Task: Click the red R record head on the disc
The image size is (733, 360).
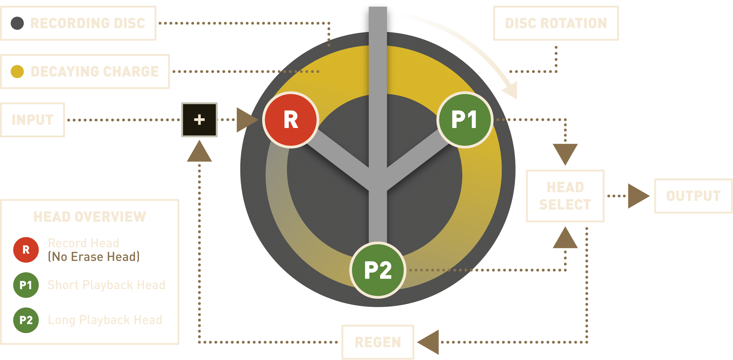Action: pyautogui.click(x=291, y=120)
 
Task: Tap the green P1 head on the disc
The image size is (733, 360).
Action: pyautogui.click(x=465, y=120)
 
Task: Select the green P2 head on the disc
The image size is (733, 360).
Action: pyautogui.click(x=378, y=270)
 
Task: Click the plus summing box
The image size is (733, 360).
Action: pyautogui.click(x=199, y=120)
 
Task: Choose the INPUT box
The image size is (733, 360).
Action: pyautogui.click(x=33, y=120)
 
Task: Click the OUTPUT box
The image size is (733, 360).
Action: pyautogui.click(x=693, y=196)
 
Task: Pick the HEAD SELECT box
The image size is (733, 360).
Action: pyautogui.click(x=565, y=196)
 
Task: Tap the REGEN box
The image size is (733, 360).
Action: pyautogui.click(x=378, y=342)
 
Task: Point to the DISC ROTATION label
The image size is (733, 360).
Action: pyautogui.click(x=556, y=23)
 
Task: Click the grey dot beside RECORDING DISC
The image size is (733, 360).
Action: pyautogui.click(x=17, y=23)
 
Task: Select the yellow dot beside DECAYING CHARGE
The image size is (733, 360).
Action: pyautogui.click(x=17, y=72)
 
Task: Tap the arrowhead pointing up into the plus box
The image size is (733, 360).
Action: pyautogui.click(x=199, y=152)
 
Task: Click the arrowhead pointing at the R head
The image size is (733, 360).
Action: pyautogui.click(x=246, y=120)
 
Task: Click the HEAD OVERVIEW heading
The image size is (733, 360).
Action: pyautogui.click(x=90, y=217)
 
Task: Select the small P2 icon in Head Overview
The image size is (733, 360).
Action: pyautogui.click(x=26, y=320)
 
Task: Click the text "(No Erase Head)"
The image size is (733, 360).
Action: pyautogui.click(x=94, y=257)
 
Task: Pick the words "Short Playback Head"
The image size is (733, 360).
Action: pyautogui.click(x=106, y=285)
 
